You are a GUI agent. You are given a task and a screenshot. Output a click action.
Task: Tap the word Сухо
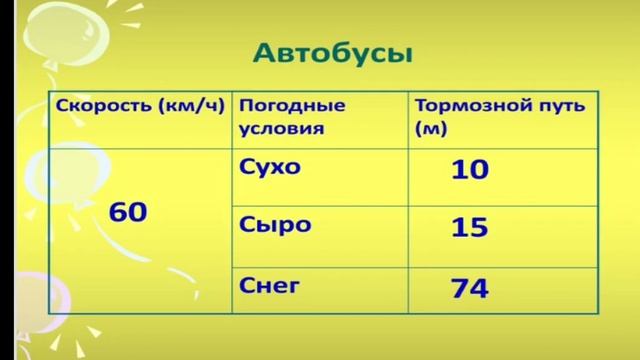[270, 166]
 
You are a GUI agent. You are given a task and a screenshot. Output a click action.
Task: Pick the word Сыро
[269, 225]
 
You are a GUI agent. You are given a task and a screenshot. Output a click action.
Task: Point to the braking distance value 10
[470, 170]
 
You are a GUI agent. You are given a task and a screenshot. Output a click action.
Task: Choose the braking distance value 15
[470, 228]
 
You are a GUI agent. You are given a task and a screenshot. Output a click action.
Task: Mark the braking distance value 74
[470, 289]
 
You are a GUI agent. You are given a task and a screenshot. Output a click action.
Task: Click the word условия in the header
[282, 128]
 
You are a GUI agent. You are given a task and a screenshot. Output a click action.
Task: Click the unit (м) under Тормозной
[430, 128]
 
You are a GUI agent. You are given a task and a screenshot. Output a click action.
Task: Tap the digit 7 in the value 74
[460, 289]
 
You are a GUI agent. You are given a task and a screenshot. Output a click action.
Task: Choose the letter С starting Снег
[246, 285]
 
